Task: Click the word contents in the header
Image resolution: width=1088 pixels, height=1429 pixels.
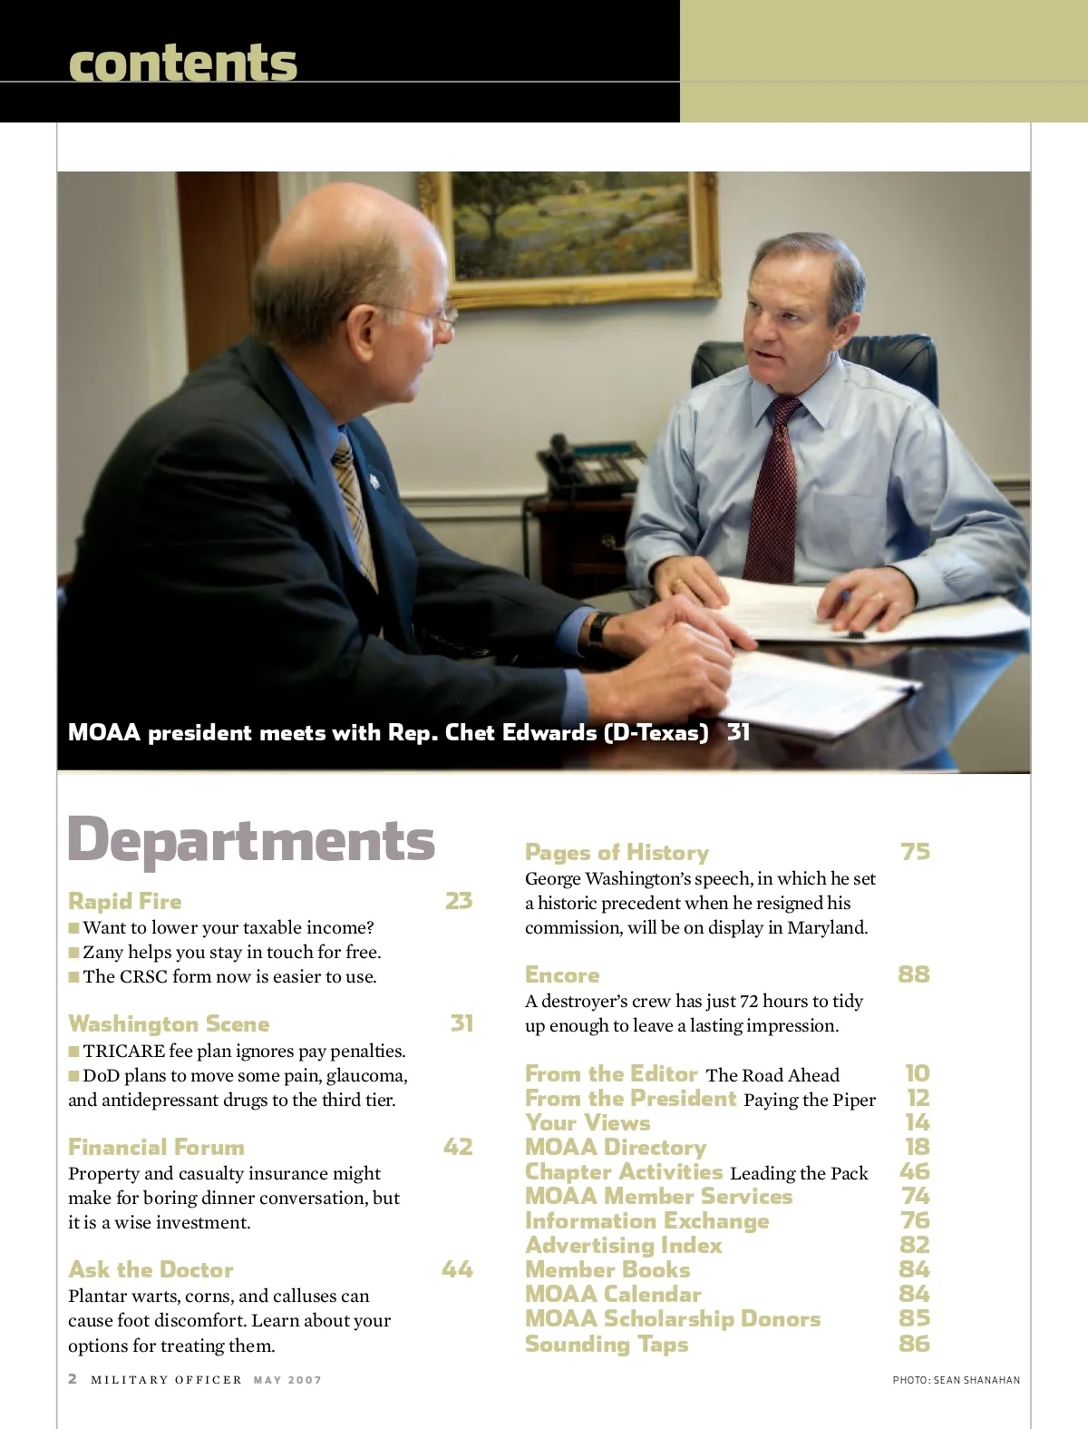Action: [x=182, y=63]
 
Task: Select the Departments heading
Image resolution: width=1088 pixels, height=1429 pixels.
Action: [x=251, y=840]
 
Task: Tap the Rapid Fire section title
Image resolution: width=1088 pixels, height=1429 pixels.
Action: [x=125, y=901]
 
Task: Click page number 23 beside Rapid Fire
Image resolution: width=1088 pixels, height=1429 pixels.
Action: [x=459, y=900]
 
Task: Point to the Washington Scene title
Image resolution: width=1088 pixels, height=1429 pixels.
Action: [x=169, y=1023]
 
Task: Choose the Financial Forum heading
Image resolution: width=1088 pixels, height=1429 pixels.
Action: [x=156, y=1147]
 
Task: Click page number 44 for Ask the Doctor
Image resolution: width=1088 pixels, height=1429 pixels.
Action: [x=457, y=1269]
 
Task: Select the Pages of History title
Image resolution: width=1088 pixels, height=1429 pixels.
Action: [x=617, y=852]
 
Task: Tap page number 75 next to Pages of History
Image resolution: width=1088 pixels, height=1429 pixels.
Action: [x=915, y=851]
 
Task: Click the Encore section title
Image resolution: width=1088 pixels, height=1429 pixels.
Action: [x=562, y=974]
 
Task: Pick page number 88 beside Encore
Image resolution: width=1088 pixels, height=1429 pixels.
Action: [x=914, y=974]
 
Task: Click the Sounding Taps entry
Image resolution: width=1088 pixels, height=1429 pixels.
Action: [x=607, y=1344]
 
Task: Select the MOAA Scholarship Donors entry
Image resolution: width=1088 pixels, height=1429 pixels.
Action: [x=673, y=1318]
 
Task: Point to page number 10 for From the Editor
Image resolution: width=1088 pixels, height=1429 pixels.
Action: [x=918, y=1073]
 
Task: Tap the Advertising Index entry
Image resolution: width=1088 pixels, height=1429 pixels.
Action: [x=624, y=1245]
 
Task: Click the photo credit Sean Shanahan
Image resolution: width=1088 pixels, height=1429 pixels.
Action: [x=957, y=1380]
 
